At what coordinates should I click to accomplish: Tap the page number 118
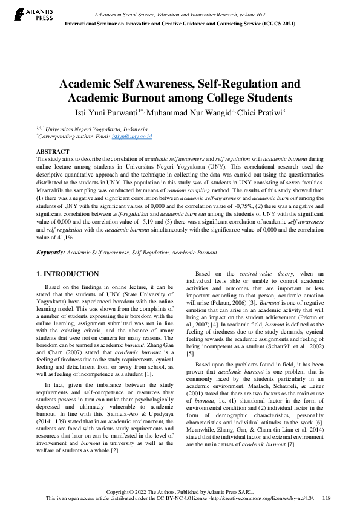327,498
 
